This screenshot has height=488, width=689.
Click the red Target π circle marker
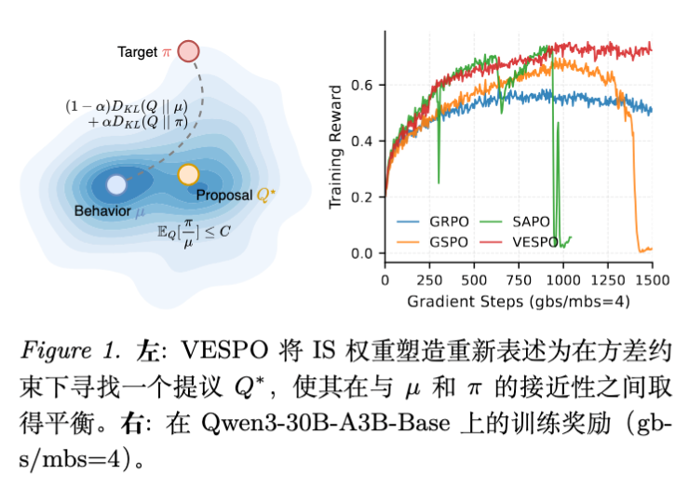point(188,51)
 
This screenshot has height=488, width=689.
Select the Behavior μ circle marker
point(116,184)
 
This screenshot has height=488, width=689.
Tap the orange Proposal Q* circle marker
point(188,174)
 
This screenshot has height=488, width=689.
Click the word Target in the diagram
point(138,52)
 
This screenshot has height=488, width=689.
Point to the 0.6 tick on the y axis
point(368,85)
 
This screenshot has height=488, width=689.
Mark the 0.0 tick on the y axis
point(368,253)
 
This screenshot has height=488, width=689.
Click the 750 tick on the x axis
point(519,278)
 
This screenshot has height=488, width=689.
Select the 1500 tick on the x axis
point(652,278)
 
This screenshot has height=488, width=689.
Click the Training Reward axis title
point(339,149)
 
